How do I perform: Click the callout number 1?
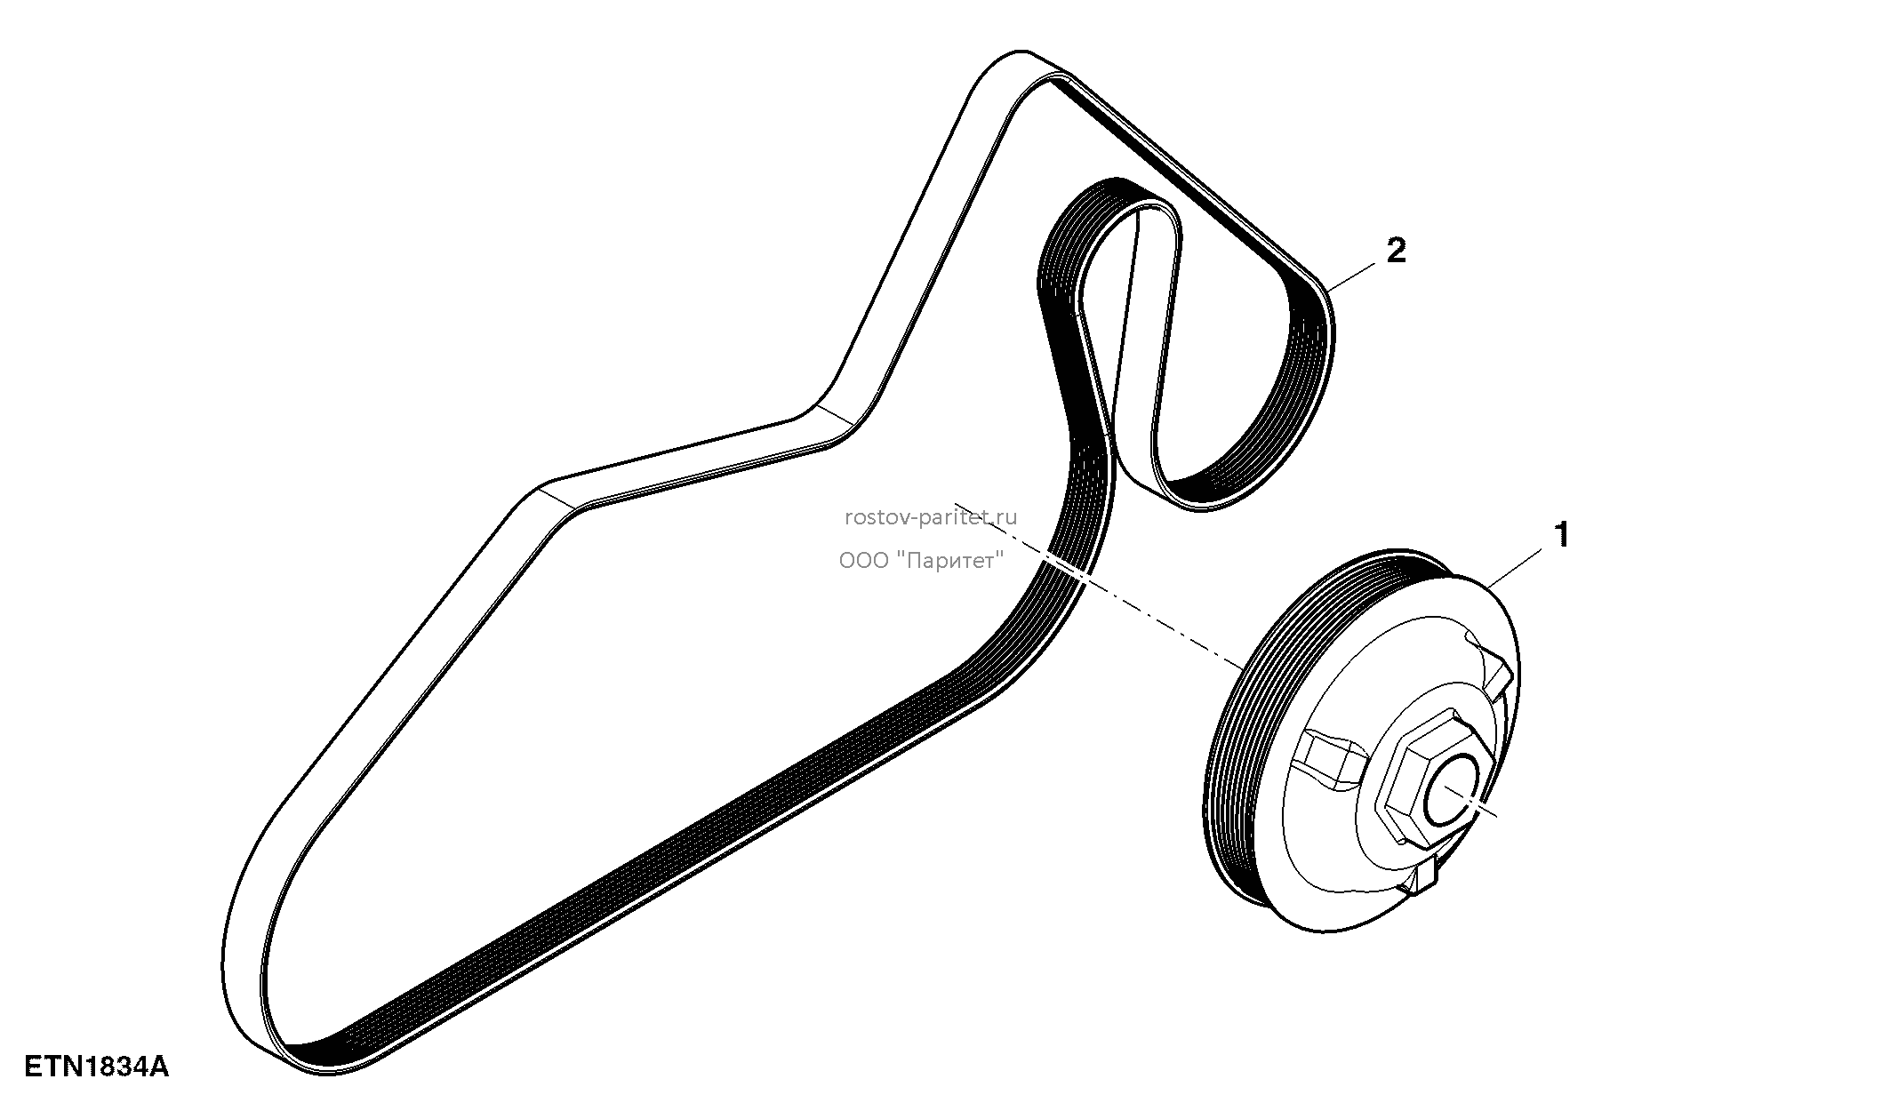click(1560, 535)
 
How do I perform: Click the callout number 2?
click(1396, 251)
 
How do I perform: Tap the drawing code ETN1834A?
click(96, 1066)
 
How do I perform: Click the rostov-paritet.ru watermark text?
click(930, 517)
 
